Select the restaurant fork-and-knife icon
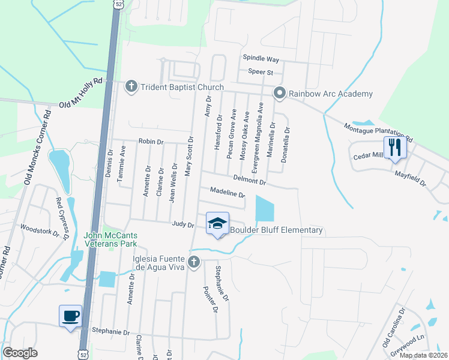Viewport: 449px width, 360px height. [394, 147]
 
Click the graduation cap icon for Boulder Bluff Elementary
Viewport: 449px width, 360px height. [217, 224]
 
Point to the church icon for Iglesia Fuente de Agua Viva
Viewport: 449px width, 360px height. [193, 262]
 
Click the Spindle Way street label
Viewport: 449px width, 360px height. [261, 59]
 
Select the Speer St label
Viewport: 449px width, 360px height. [261, 73]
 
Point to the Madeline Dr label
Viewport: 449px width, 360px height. [228, 193]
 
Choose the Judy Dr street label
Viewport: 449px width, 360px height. [183, 225]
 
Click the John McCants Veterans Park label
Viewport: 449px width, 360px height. [110, 239]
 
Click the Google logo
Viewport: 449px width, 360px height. [20, 353]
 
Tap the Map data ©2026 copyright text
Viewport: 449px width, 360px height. [423, 355]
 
